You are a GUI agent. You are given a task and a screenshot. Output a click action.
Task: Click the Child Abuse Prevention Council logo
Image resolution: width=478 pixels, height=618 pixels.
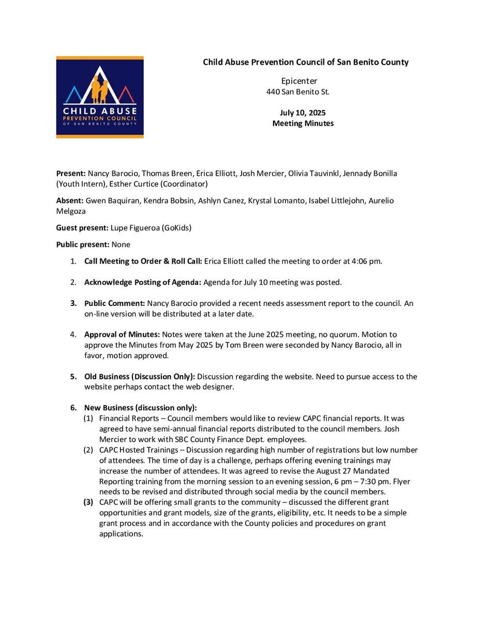(x=100, y=97)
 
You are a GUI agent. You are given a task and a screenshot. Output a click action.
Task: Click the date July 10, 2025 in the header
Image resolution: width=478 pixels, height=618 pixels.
(x=303, y=113)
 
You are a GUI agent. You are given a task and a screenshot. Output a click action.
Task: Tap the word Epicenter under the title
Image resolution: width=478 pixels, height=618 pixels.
(x=299, y=81)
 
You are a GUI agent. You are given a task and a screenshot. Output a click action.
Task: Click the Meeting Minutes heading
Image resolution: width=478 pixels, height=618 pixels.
(x=303, y=123)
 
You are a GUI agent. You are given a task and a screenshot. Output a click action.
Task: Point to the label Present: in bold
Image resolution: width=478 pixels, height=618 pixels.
(x=71, y=174)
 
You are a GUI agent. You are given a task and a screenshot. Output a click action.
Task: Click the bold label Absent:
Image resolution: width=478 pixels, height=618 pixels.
(x=70, y=200)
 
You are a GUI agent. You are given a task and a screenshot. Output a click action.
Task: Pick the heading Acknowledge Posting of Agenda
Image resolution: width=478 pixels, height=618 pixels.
(x=143, y=282)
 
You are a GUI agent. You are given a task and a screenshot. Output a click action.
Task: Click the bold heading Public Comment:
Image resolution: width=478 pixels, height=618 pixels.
(x=115, y=303)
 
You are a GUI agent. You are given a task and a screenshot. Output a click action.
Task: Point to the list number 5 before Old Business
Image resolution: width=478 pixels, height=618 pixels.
(x=73, y=377)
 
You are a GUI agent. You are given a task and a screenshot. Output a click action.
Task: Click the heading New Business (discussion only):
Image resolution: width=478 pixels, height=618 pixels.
(x=141, y=408)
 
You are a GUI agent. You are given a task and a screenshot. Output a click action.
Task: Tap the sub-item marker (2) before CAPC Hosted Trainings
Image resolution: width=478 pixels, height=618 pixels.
(x=88, y=450)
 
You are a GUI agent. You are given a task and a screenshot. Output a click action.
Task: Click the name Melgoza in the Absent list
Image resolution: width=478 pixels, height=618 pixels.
(x=71, y=211)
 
